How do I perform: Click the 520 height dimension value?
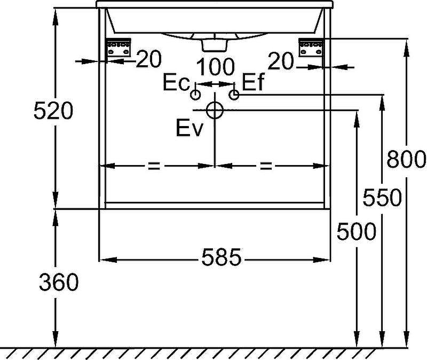(x=52, y=111)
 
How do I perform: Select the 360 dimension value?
(x=59, y=283)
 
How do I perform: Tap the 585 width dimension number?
(x=222, y=259)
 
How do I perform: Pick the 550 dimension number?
(x=382, y=198)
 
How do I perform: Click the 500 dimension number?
(x=357, y=232)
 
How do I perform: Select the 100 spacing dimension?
(x=216, y=67)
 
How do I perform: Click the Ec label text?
(x=176, y=83)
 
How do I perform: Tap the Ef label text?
(x=253, y=83)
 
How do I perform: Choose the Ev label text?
(x=189, y=129)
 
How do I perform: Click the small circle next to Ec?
(x=195, y=95)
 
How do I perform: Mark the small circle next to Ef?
(x=234, y=95)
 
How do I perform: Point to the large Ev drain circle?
(x=215, y=110)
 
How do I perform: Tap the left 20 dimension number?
(x=148, y=60)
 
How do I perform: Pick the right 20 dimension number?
(x=281, y=62)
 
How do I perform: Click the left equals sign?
(x=154, y=166)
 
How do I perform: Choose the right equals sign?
(x=265, y=166)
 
